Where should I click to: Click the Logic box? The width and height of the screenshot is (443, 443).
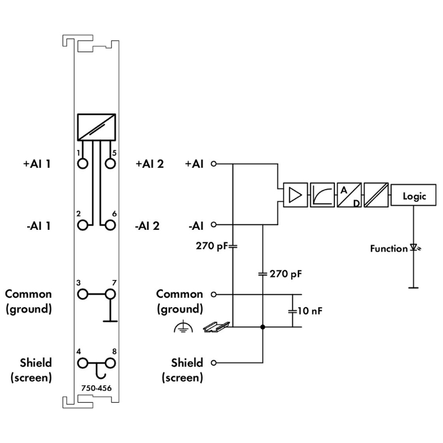(x=413, y=196)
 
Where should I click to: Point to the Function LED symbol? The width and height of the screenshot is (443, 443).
(x=413, y=249)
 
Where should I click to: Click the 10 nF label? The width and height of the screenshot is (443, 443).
(x=310, y=310)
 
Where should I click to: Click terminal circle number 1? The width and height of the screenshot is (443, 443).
(x=83, y=164)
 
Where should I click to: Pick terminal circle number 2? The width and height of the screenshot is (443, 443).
(x=83, y=225)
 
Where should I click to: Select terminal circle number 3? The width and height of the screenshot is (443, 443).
(x=83, y=294)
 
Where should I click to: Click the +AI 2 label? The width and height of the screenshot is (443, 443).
(x=149, y=164)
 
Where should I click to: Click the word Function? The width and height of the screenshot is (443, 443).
(x=389, y=249)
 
